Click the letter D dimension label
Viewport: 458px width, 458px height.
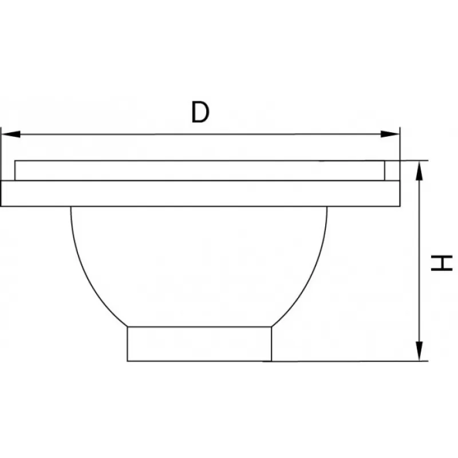coord(200,112)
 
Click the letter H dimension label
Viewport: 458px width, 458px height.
coord(441,263)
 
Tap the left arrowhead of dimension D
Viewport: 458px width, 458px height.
coord(11,134)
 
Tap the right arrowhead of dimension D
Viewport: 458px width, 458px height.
coord(390,134)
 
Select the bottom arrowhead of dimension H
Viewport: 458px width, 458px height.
coord(419,351)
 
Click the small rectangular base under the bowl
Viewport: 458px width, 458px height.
coord(199,344)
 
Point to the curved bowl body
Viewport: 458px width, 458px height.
coord(199,266)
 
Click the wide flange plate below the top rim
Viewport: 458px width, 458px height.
coord(200,194)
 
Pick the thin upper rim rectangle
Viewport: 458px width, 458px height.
coord(200,171)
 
